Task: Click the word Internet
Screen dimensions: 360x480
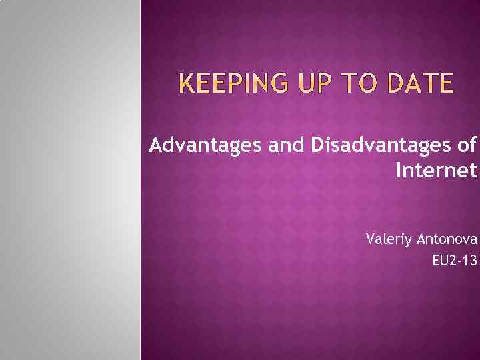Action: pyautogui.click(x=437, y=171)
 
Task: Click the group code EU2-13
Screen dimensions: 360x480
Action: pyautogui.click(x=455, y=261)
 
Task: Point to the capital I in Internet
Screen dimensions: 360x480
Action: pyautogui.click(x=399, y=171)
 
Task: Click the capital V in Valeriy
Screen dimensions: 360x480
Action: pyautogui.click(x=371, y=238)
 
